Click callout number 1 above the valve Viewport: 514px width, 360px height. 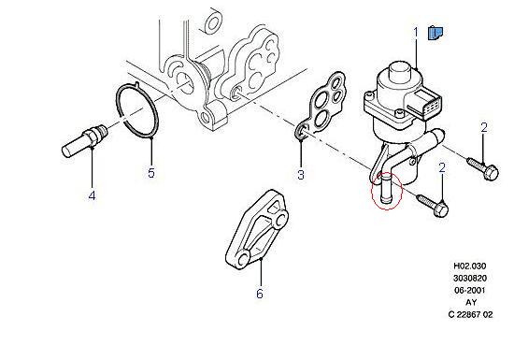[x=416, y=33]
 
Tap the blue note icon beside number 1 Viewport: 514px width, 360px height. [x=435, y=33]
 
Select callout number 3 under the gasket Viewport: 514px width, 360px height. [x=301, y=174]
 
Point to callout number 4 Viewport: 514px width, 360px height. [x=93, y=195]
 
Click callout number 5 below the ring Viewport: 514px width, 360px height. [x=151, y=172]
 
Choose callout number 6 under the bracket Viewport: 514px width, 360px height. [x=259, y=293]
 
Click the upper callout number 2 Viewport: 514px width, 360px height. [x=484, y=127]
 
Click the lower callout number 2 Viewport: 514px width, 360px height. [x=442, y=168]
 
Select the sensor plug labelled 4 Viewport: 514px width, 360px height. [x=84, y=141]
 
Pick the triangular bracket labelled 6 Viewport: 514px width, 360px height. [x=257, y=229]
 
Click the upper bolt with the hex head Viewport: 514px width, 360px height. [x=482, y=168]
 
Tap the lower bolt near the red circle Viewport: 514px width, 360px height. [x=433, y=206]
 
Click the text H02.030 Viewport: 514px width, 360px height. [x=470, y=266]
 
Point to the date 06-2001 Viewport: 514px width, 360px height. [x=470, y=290]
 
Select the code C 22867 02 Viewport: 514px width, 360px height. [x=470, y=314]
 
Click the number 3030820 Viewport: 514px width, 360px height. [x=470, y=278]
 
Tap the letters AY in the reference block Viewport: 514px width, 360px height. [x=471, y=302]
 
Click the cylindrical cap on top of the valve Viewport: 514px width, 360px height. [x=398, y=70]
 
